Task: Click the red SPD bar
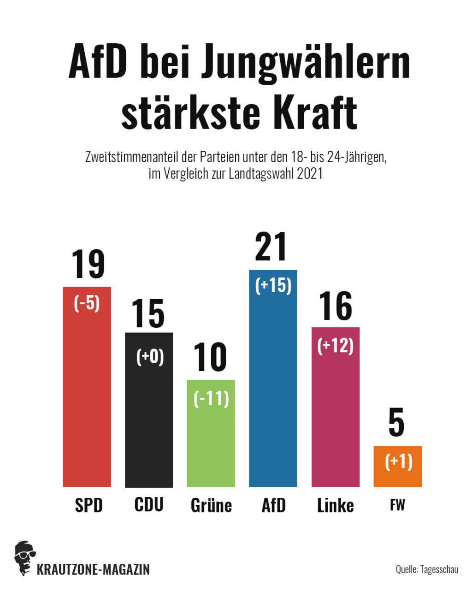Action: pos(87,396)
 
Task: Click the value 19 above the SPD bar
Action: pos(88,264)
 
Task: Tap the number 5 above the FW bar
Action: pos(396,425)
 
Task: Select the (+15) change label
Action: pos(273,285)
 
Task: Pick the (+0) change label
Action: pos(150,357)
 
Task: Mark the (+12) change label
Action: pos(335,346)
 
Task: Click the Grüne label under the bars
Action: pos(211,505)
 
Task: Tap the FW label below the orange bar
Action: pos(397,505)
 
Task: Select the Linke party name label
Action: pos(335,505)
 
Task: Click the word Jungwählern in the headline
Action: pos(305,64)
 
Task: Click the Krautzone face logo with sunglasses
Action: pos(25,558)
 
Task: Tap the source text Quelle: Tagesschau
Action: pos(427,569)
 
